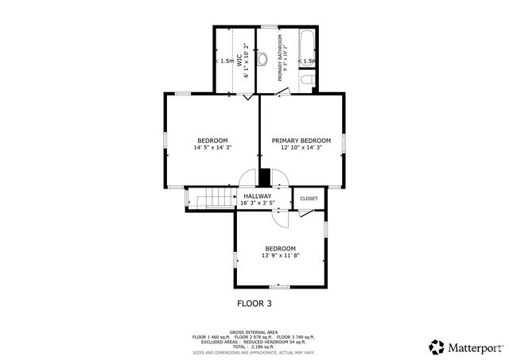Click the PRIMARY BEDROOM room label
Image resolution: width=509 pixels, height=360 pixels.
click(x=301, y=140)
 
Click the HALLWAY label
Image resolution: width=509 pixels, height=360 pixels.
click(x=257, y=196)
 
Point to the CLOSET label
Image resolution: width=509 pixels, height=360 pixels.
click(x=309, y=199)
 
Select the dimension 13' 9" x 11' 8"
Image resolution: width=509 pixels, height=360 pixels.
click(x=280, y=255)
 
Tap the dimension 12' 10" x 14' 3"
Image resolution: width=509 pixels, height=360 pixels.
click(x=301, y=147)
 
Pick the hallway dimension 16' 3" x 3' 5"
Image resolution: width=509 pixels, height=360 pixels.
click(x=257, y=203)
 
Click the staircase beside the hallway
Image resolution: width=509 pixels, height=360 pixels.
click(x=212, y=198)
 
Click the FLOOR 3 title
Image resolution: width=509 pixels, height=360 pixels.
click(x=260, y=303)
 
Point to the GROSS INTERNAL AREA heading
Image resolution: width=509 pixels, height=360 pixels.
click(x=254, y=331)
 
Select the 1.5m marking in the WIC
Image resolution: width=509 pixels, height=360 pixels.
click(x=226, y=60)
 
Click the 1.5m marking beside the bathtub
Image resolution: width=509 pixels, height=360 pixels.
click(x=309, y=60)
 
